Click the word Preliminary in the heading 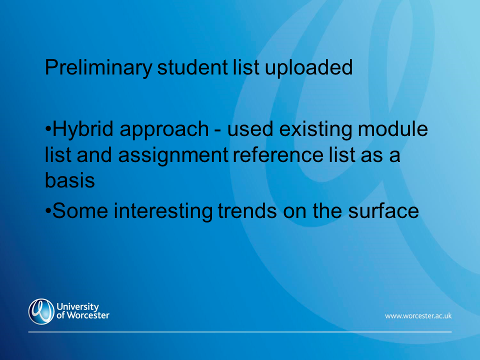point(98,68)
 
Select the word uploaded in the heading point(308,68)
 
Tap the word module point(393,128)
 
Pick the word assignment point(173,155)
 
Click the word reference point(278,155)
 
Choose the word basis point(70,180)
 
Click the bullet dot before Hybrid point(48,128)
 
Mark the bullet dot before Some point(48,210)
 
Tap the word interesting point(163,211)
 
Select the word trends point(247,210)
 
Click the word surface point(383,210)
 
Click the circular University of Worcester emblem point(41,311)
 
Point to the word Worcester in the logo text point(88,315)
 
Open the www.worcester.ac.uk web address point(418,316)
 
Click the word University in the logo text point(78,306)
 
